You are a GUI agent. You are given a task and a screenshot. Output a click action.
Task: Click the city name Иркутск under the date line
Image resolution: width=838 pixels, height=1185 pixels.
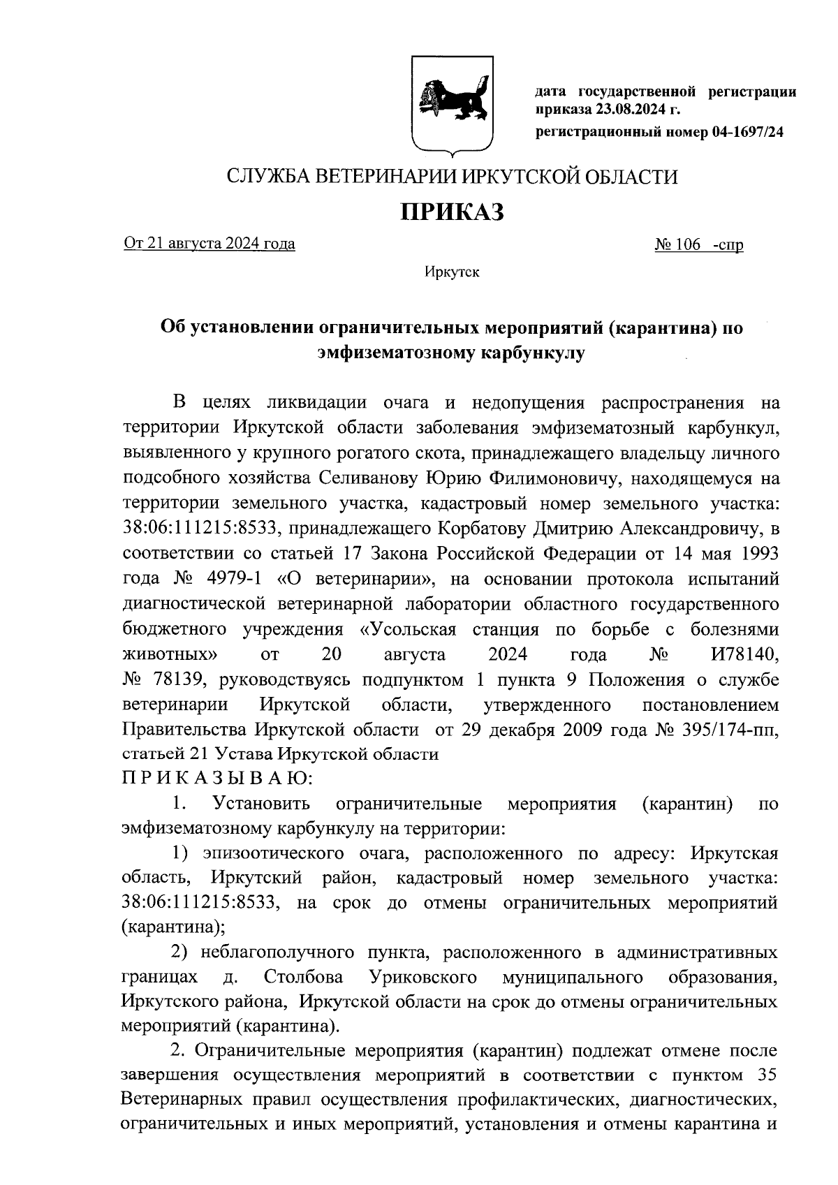click(451, 272)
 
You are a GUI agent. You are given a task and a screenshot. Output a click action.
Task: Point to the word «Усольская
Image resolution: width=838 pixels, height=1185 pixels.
click(407, 630)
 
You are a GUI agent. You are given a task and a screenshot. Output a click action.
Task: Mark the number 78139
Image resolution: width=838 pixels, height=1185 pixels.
click(170, 680)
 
